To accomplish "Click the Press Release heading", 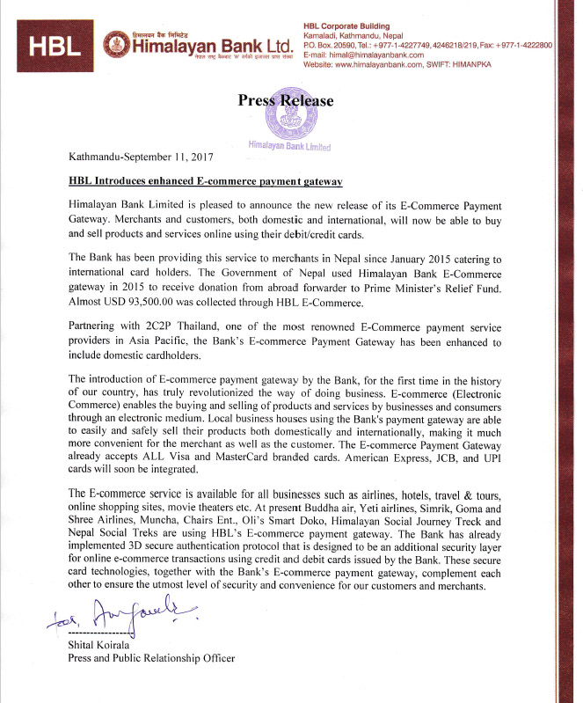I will point(286,101).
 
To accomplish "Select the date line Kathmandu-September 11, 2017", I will point(140,157).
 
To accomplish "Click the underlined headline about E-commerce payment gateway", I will point(204,181).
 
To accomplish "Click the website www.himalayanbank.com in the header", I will point(392,65).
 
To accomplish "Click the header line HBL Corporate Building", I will point(346,26).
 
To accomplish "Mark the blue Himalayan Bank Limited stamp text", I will point(289,145).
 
